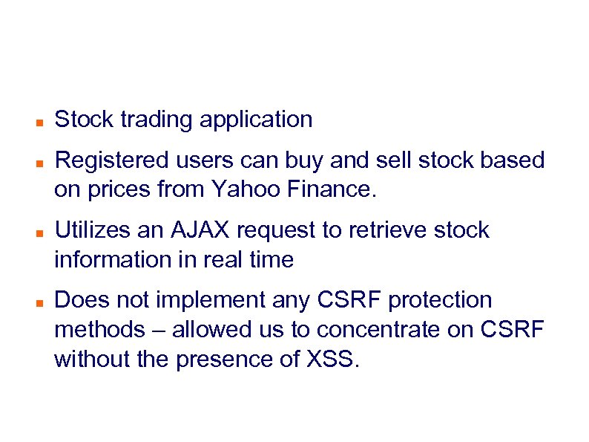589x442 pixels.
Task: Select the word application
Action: click(256, 120)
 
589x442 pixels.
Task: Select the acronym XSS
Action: click(332, 360)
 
